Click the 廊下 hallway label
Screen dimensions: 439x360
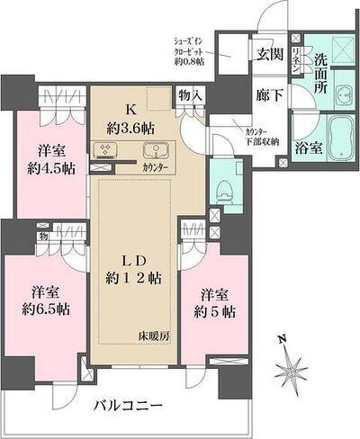point(265,93)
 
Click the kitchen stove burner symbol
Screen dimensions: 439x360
point(101,150)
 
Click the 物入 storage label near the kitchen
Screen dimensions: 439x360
point(190,94)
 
